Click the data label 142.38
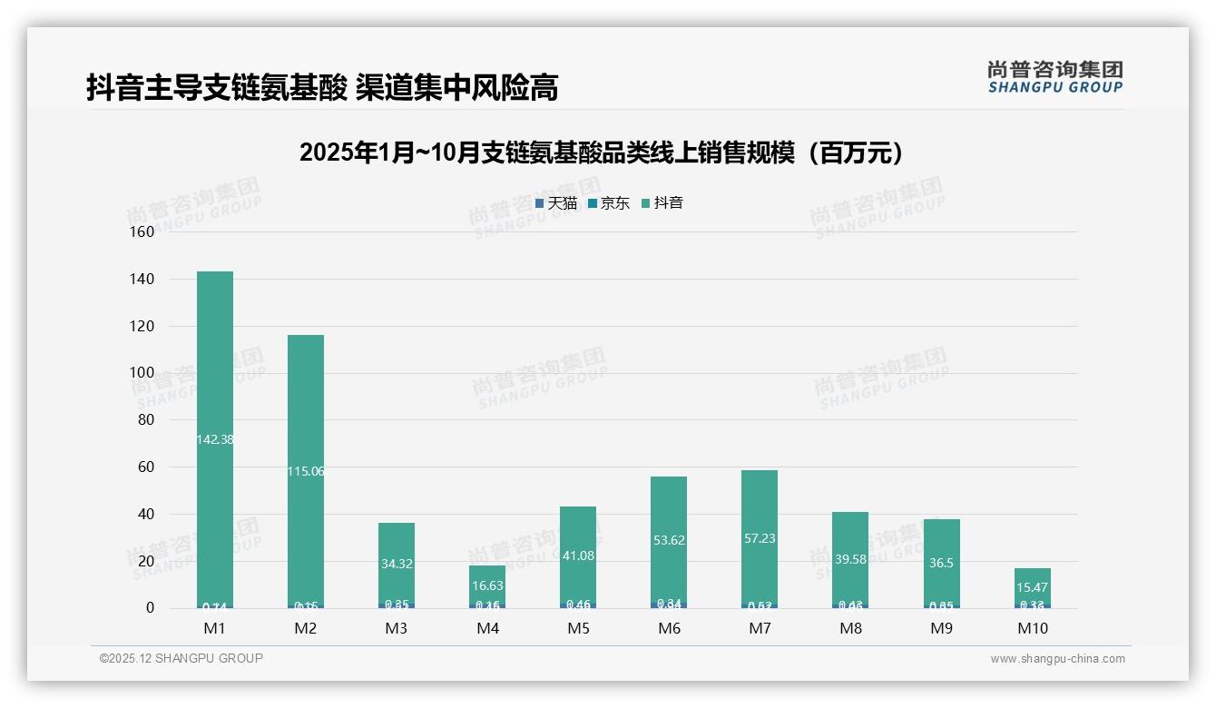[x=215, y=439]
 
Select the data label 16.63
[x=487, y=586]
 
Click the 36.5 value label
[x=942, y=563]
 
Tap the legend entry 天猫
[x=556, y=203]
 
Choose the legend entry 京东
[x=609, y=203]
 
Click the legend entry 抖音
[x=662, y=203]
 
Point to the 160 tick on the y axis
[x=142, y=231]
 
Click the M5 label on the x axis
[x=578, y=628]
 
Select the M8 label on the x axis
[x=850, y=628]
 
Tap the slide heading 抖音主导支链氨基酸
[x=322, y=87]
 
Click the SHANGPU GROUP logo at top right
[x=1054, y=77]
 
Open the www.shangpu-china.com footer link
[x=1057, y=659]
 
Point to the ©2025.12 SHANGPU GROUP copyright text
[x=181, y=658]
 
